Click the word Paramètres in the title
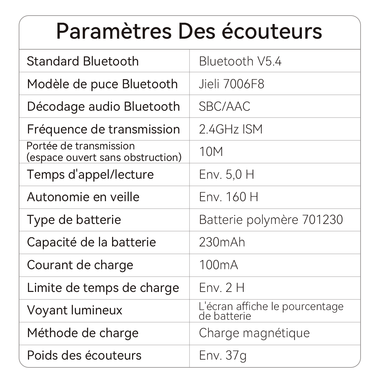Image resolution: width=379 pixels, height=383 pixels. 114,31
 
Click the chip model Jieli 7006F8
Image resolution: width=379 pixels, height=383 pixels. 231,84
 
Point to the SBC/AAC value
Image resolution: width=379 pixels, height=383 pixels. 224,106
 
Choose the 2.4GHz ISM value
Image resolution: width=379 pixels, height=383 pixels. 231,129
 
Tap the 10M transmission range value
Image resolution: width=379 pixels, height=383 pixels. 211,152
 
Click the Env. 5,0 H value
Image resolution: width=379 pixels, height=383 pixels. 226,174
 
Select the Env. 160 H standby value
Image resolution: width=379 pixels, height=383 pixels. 228,197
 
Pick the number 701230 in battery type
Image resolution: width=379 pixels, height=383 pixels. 322,220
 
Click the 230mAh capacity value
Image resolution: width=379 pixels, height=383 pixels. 222,242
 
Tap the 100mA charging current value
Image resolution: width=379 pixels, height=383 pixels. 219,265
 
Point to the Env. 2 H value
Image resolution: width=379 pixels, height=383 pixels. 222,288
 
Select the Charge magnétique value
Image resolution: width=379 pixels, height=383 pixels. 254,333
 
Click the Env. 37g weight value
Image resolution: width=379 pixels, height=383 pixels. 223,355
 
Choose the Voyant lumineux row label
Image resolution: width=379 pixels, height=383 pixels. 75,310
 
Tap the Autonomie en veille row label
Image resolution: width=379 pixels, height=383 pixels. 83,197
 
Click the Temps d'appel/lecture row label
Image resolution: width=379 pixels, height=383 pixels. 90,174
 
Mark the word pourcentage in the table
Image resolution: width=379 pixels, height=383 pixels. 313,307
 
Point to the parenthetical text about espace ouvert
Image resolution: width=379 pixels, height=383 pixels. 104,157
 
